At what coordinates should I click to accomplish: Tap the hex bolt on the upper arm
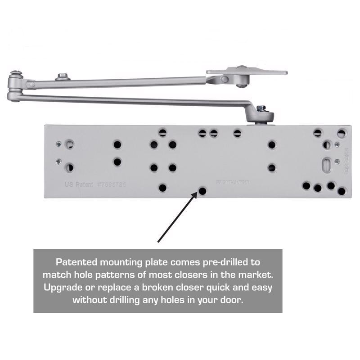(x=62, y=77)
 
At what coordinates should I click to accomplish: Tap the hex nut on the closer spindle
(x=261, y=109)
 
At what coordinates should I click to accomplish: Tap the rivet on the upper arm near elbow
(x=31, y=84)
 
